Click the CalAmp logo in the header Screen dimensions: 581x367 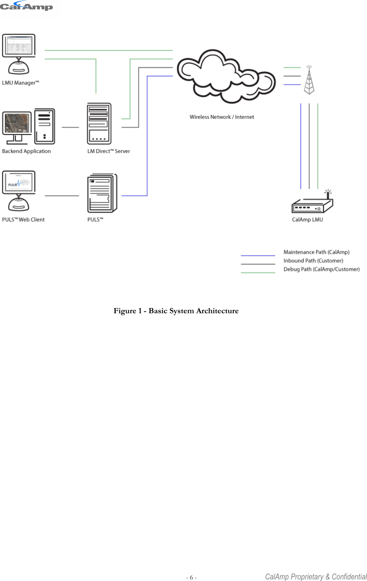point(26,6)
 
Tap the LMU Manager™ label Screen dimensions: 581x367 point(20,83)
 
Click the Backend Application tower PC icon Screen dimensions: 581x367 point(45,127)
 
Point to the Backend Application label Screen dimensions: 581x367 point(26,151)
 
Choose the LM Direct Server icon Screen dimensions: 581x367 point(99,124)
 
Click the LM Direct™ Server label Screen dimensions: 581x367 point(109,151)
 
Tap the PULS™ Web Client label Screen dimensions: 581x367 point(24,219)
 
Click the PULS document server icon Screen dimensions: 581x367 point(102,193)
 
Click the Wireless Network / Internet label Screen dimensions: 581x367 point(222,117)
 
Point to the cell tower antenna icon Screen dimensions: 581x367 point(309,80)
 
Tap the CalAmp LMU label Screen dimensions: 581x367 point(307,219)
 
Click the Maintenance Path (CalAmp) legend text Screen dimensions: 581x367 point(316,252)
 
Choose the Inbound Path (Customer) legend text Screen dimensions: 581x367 point(313,261)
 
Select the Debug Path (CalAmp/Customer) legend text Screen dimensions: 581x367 point(322,269)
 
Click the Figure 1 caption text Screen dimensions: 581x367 point(176,311)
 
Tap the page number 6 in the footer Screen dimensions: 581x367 point(191,577)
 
